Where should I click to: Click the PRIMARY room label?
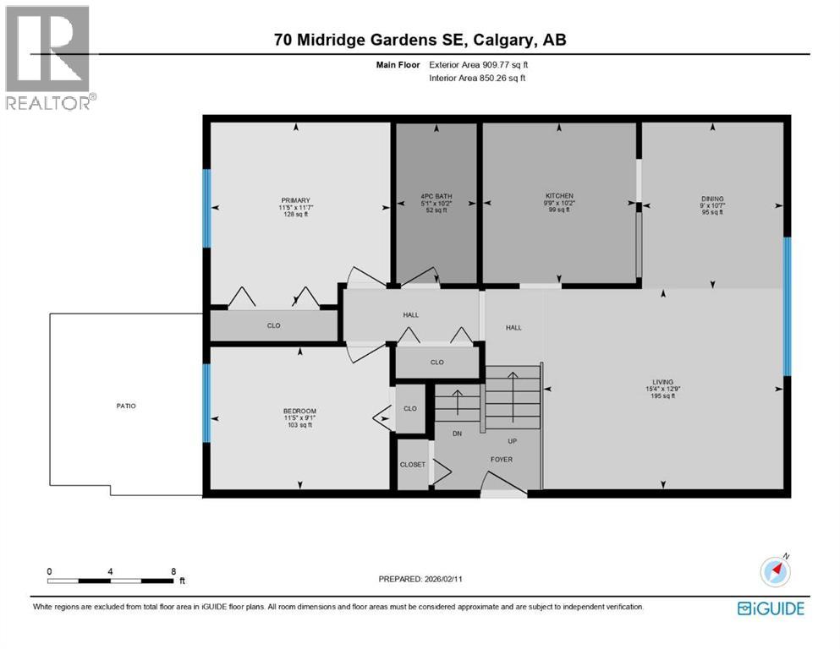point(296,200)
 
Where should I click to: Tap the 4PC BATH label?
point(436,196)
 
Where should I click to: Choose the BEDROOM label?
point(299,411)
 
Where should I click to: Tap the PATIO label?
point(126,406)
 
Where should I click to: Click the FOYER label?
point(501,460)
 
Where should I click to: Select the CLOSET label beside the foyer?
point(412,465)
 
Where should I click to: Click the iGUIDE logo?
point(770,608)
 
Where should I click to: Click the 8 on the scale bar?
point(173,571)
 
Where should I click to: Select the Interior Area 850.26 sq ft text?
point(477,78)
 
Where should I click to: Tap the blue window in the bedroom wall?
point(206,403)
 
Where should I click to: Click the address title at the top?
point(420,39)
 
